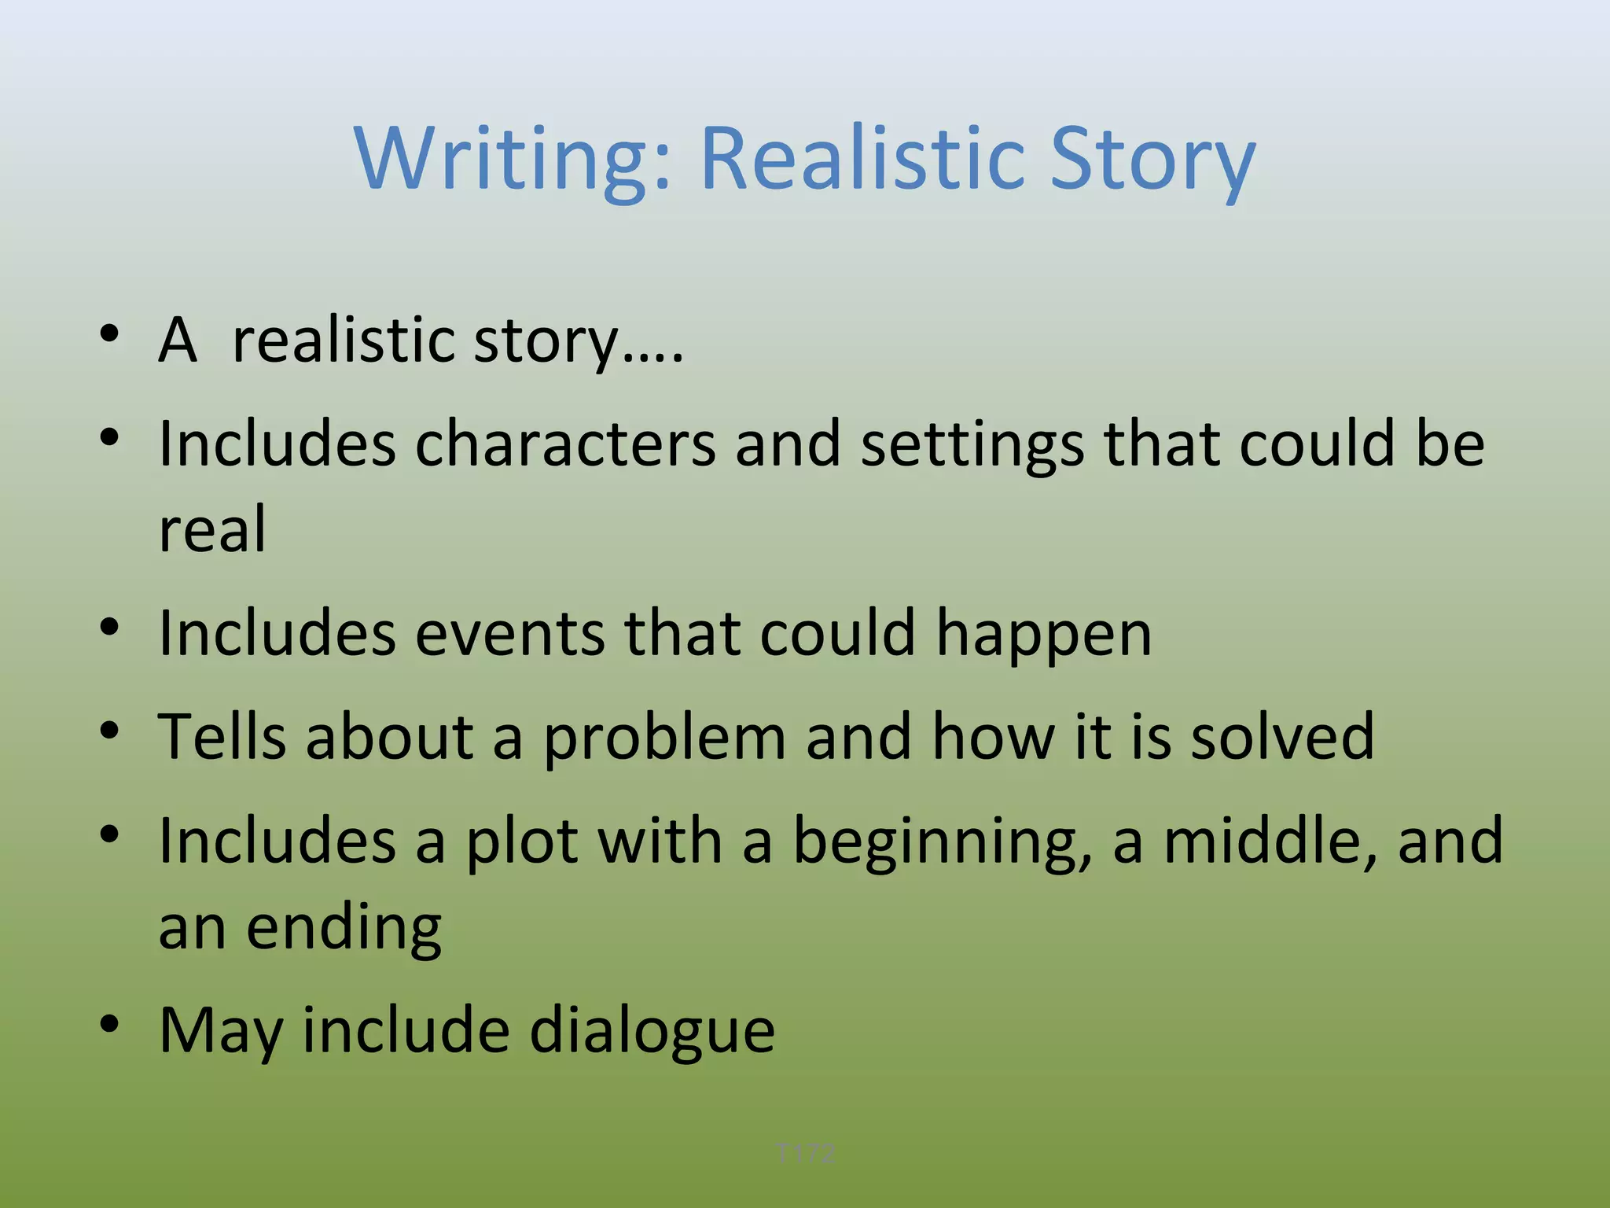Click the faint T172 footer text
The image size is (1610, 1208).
tap(804, 1154)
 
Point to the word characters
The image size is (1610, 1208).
tap(565, 444)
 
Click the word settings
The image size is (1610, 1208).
tap(972, 445)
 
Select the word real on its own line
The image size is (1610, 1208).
tap(212, 529)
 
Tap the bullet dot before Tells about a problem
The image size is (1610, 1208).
tap(109, 731)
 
